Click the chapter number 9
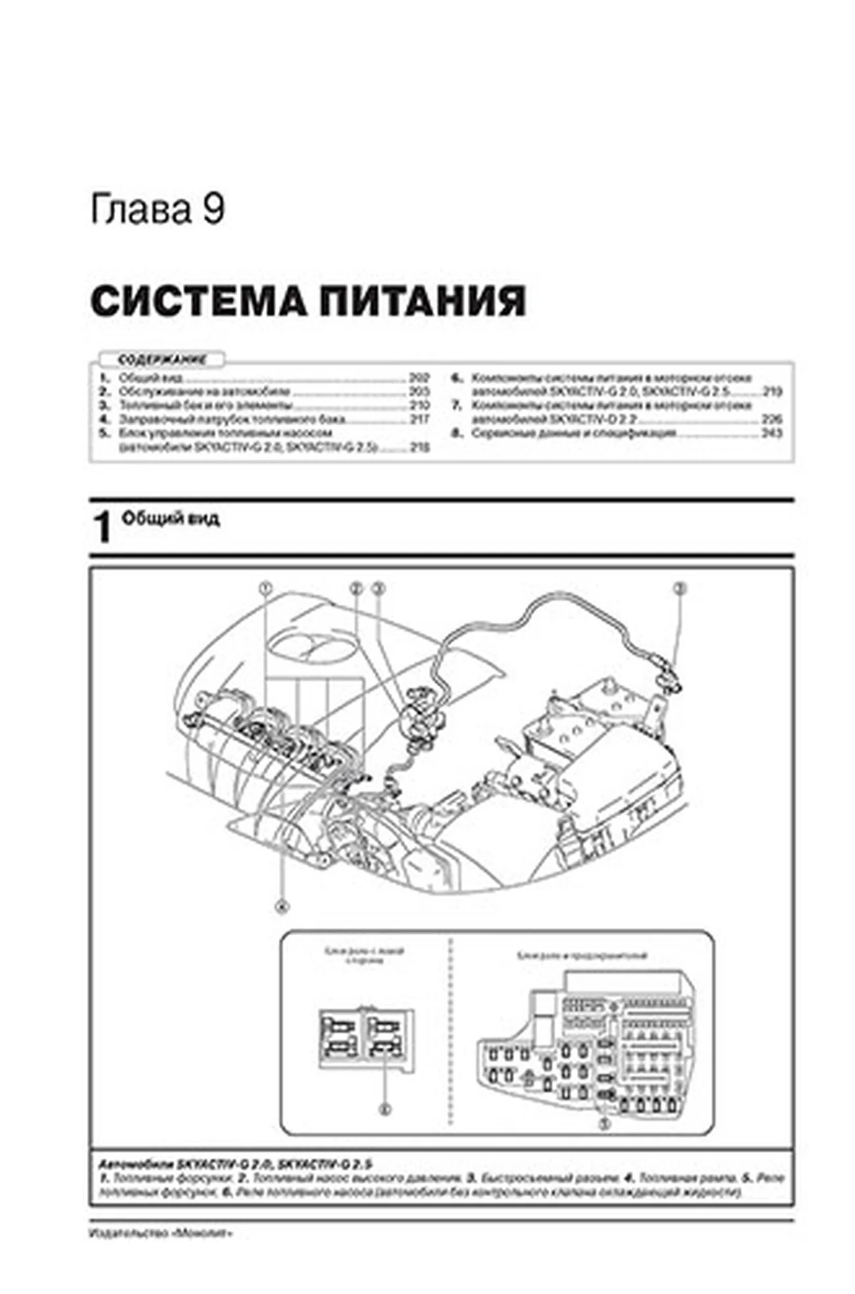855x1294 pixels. pos(213,210)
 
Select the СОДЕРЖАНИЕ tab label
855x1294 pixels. pos(161,359)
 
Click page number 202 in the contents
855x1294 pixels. pos(419,379)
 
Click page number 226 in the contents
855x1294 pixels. pos(771,419)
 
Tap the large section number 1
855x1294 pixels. pos(103,528)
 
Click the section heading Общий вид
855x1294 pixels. pos(170,519)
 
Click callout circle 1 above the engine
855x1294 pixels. pos(266,588)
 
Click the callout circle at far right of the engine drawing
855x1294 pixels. pos(680,588)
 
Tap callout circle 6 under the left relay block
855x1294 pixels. pos(385,1109)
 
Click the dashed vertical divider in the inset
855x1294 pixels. pos(452,1032)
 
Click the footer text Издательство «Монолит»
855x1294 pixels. pos(160,1234)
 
